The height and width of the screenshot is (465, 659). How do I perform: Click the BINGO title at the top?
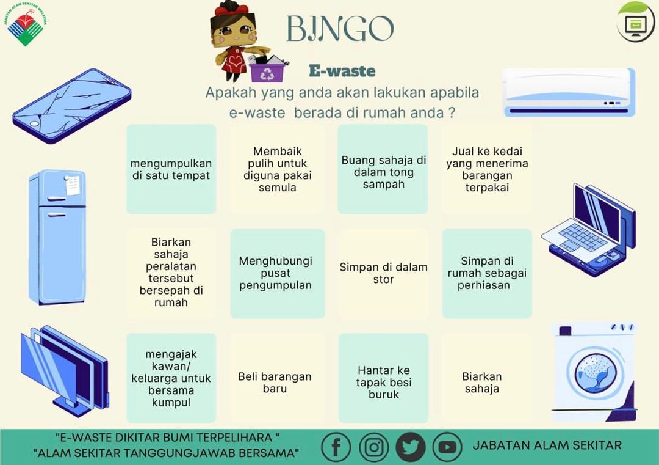coord(340,29)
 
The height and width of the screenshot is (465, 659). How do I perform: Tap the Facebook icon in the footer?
coord(336,447)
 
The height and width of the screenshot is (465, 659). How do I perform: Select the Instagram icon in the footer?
coord(373,447)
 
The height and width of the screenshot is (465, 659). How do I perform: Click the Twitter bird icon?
coord(410,447)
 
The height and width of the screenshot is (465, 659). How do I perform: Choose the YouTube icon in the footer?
coord(447,447)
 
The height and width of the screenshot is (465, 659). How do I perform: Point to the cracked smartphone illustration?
coord(72,106)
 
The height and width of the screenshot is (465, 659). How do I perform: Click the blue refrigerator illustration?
coord(57,237)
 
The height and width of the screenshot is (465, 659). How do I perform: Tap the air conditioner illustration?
coord(569,93)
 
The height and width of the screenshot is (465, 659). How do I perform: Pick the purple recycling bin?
coord(267,70)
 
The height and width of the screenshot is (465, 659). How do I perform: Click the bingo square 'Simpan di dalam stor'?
coord(383,273)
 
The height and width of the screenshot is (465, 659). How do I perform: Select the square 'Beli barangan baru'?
coord(275,382)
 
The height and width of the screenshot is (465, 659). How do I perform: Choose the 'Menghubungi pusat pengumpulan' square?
coord(278,273)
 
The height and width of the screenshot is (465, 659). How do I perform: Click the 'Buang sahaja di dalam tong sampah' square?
coord(383,169)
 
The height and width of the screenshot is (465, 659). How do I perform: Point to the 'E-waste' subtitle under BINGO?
coord(342,71)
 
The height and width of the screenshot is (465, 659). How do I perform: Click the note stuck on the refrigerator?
coord(73,185)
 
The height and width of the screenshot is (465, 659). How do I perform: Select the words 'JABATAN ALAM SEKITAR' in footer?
coord(547,445)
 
